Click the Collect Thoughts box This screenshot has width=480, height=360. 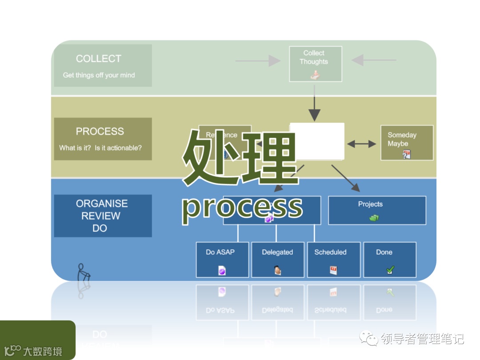pos(316,64)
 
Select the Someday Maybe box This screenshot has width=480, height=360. pos(407,143)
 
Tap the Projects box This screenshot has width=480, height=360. pos(377,210)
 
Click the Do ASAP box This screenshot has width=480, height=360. pos(222,260)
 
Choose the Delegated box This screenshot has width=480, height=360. pos(278,260)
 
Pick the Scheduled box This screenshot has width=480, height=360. pos(333,260)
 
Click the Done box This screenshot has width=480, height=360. pos(390,260)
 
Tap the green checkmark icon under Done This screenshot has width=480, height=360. pos(390,270)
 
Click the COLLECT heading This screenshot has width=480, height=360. pos(99,59)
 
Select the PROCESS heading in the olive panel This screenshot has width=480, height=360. pos(100,132)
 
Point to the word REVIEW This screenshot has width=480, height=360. pos(100,216)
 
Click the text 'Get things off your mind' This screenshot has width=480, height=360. pos(99,75)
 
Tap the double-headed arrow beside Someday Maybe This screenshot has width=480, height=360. pos(361,144)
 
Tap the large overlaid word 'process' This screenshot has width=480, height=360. pos(242,208)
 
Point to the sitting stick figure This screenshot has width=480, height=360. pos(83,273)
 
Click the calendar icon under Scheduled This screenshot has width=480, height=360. pos(334,270)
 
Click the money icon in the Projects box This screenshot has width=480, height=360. pos(374,218)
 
